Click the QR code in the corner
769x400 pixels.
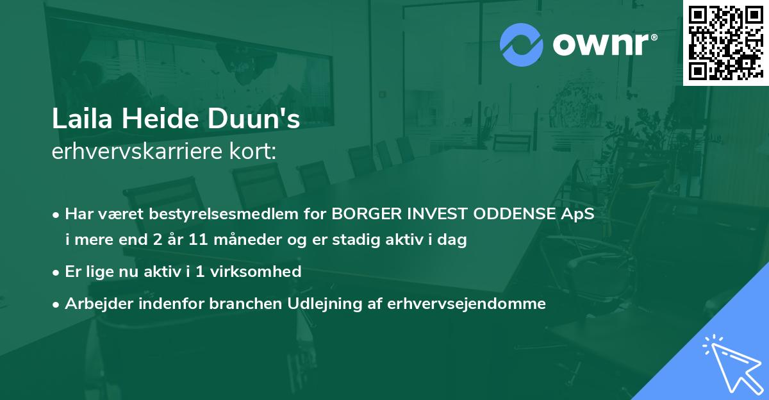click(725, 42)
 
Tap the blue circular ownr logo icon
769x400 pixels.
click(521, 45)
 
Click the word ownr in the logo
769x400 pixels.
click(602, 45)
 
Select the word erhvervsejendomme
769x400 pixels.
click(467, 303)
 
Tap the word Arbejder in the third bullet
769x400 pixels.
click(94, 303)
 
